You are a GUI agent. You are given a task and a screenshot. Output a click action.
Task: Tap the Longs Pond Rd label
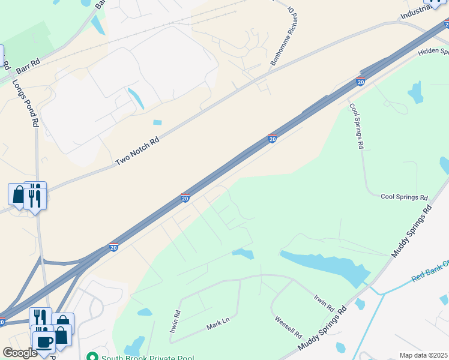25,103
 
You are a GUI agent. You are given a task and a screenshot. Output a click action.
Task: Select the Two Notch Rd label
137,151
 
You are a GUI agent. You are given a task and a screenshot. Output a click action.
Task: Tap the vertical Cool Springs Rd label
357,126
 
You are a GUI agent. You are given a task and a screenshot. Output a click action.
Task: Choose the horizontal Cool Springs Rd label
404,197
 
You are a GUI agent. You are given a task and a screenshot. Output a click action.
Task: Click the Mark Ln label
218,324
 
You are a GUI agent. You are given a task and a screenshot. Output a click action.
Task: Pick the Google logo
20,353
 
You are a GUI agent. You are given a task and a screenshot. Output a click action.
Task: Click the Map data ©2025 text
423,355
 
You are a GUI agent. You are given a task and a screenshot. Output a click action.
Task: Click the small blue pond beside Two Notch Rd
157,122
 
